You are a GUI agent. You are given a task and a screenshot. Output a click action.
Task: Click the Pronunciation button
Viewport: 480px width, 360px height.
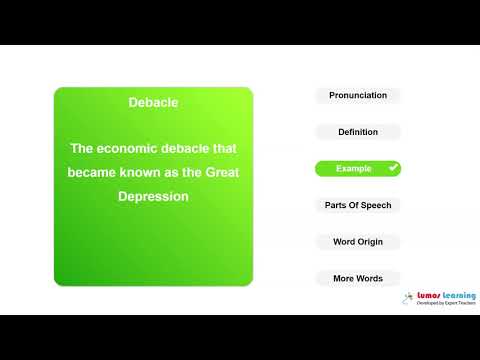point(358,96)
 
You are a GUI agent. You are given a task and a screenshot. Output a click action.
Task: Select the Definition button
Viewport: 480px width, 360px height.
point(358,132)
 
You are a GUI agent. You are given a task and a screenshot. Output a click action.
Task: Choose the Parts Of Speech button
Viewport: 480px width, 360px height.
point(358,205)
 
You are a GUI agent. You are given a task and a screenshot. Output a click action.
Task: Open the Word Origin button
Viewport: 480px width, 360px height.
point(358,242)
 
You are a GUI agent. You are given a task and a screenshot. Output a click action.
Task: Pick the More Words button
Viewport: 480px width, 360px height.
point(358,278)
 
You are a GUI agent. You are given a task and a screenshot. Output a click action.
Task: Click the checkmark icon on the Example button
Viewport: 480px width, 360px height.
point(393,169)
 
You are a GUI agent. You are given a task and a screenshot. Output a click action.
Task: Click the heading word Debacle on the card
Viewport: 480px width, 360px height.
point(153,103)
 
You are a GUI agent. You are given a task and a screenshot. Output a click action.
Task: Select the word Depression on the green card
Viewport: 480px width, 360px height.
point(153,196)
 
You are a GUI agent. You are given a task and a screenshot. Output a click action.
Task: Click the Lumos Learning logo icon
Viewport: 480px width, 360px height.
point(409,298)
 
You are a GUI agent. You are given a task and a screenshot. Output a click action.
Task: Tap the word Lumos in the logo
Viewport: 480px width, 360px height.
point(431,296)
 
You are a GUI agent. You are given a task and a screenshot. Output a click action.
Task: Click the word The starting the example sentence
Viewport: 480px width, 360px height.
point(81,149)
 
